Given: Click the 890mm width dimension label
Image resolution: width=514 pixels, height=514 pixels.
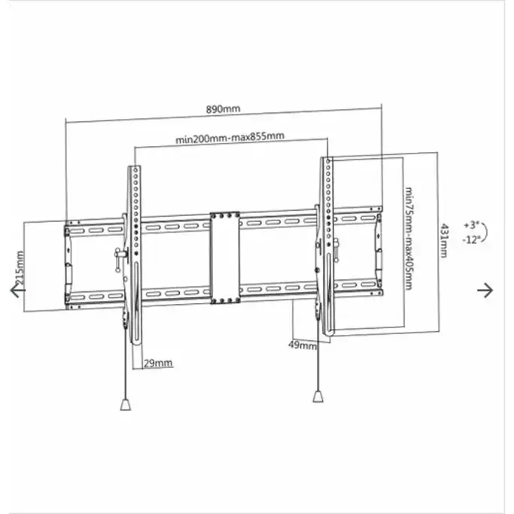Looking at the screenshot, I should [223, 109].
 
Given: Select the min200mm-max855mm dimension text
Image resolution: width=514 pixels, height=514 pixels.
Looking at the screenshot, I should [230, 137].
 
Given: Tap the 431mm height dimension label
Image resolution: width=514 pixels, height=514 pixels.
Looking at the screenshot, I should [445, 240].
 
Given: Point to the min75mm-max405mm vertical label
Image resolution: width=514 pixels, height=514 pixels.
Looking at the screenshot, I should [409, 238].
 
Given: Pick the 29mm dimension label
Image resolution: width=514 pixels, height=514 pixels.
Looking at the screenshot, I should [157, 363].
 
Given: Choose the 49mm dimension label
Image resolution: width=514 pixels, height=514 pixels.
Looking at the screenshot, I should [303, 345].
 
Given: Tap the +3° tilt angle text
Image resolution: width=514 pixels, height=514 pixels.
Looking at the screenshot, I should [470, 225].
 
